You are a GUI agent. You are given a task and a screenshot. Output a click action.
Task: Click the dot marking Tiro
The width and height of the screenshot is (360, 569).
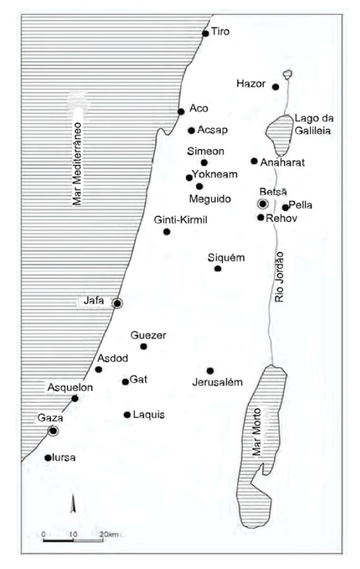click(x=205, y=33)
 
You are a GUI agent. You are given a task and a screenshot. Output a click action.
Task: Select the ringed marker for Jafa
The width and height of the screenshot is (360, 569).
click(x=117, y=303)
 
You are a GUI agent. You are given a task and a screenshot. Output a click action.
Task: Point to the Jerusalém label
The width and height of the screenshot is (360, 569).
click(x=218, y=383)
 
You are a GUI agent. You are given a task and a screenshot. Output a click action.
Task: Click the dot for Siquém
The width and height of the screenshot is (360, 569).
click(x=218, y=268)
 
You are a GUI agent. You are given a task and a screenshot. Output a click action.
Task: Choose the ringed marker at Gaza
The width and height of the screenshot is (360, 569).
click(x=53, y=431)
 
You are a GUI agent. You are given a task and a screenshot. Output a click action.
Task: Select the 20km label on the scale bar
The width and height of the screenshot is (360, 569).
click(x=110, y=535)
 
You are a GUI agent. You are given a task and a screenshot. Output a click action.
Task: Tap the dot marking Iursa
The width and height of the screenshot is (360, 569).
click(x=48, y=457)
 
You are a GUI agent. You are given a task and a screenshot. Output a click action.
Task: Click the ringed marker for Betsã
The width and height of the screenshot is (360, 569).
click(x=263, y=204)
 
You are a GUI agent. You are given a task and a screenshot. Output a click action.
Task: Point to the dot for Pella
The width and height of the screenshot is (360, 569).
click(x=285, y=208)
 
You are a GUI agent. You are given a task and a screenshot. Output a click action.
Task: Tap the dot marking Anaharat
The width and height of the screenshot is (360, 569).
click(x=254, y=161)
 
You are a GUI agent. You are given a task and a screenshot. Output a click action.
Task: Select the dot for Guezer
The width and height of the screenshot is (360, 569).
click(x=144, y=347)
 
